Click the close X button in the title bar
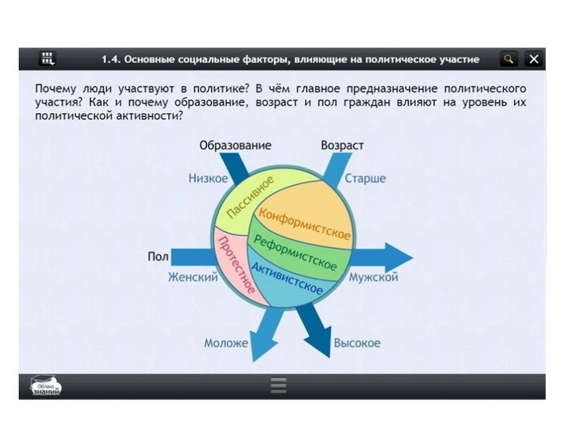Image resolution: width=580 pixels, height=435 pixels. click(534, 59)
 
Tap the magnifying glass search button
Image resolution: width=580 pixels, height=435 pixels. click(510, 59)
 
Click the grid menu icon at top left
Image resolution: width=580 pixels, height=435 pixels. click(49, 59)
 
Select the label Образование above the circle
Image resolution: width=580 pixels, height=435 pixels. click(235, 146)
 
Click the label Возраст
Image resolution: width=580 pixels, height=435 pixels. click(342, 146)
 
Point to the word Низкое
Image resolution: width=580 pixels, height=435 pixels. click(208, 178)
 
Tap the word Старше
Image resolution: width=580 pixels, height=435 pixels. click(365, 178)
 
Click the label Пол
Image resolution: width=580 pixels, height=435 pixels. click(158, 257)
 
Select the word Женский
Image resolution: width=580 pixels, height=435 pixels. click(193, 277)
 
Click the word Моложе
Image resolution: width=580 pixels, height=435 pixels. click(225, 343)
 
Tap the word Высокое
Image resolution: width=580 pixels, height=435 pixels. click(357, 343)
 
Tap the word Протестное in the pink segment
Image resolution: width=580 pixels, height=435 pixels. click(237, 265)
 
